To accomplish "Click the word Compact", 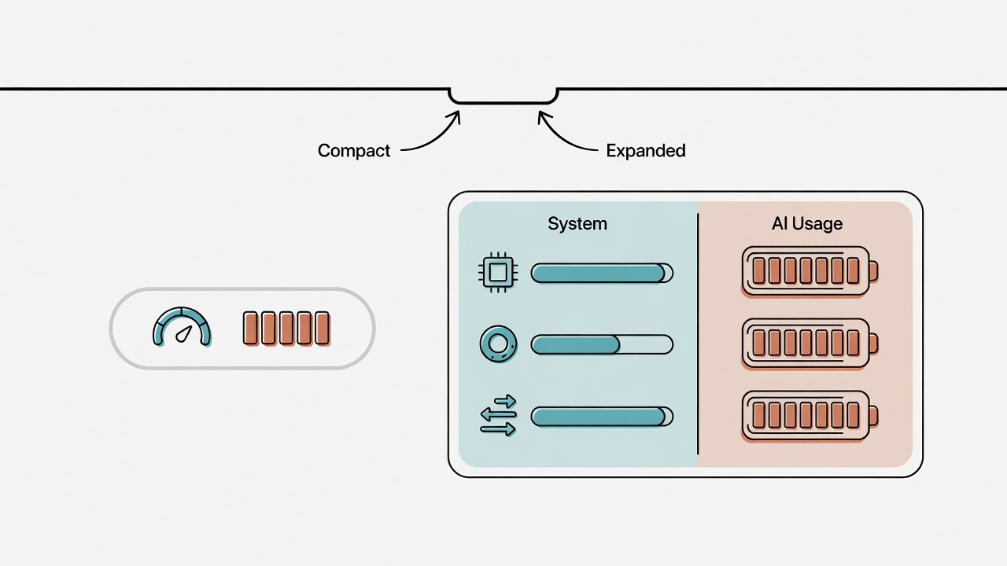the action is coord(354,151).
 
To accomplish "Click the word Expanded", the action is coord(646,150).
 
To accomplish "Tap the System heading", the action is coord(577,224).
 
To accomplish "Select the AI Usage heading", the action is coord(807,224).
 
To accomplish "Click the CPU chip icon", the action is coord(498,272).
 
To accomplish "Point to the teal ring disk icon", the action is coord(498,344).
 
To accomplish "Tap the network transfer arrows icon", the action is coord(498,416).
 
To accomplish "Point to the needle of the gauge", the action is coord(184,334).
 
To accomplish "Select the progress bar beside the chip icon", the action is coord(602,273).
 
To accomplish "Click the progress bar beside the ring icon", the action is coord(602,345).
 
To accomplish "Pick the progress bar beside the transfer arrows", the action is coord(602,417).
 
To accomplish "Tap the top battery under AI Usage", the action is coord(810,271).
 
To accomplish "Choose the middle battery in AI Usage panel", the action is coord(810,344).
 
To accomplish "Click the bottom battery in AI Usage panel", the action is coord(810,416).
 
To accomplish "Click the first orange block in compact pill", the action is coord(250,329).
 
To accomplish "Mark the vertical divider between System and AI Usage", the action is coord(698,334).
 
